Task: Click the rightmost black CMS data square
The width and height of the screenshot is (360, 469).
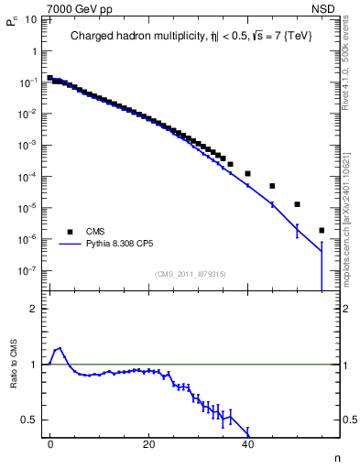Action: (322, 230)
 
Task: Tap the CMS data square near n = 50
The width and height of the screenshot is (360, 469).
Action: (297, 204)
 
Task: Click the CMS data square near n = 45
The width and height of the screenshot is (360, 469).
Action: (272, 186)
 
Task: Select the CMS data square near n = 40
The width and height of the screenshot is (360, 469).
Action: (247, 173)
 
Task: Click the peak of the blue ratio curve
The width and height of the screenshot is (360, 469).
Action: (60, 348)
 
